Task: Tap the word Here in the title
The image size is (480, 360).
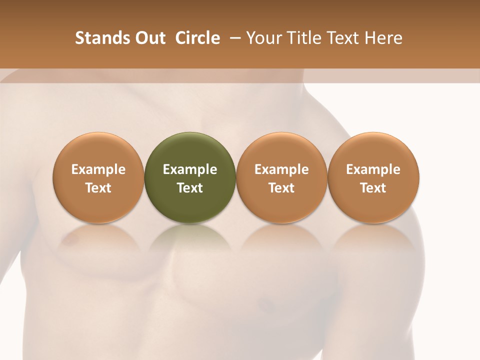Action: coord(384,38)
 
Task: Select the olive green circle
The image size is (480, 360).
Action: coord(190,177)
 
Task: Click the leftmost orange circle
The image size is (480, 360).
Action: coord(98,177)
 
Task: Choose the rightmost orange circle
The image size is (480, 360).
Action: coord(373,177)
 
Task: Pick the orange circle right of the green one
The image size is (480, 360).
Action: coord(281,177)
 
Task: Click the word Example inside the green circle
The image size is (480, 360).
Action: coord(190,169)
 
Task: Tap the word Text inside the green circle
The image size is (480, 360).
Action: coord(190,188)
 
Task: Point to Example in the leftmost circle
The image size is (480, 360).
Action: coord(98,169)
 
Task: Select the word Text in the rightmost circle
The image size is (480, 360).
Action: coord(373,188)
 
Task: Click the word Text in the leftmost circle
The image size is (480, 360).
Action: coord(98,188)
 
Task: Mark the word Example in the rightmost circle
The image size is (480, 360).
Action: coord(373,169)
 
